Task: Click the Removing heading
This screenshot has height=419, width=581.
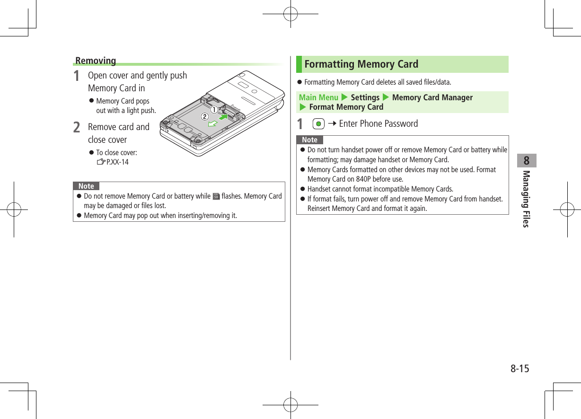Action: [96, 61]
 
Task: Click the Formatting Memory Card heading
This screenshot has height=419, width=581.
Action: [361, 64]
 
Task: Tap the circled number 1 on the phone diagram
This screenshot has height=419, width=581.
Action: [214, 109]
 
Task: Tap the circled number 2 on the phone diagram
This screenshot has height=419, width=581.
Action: [204, 116]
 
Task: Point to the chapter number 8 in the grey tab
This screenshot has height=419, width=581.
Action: [527, 161]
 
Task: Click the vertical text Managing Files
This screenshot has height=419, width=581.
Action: [526, 199]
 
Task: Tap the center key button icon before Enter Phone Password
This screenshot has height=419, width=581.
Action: [319, 124]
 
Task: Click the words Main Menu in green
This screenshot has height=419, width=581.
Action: [318, 97]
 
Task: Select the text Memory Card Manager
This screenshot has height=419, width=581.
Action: [432, 97]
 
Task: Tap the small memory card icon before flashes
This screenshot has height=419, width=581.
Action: [216, 196]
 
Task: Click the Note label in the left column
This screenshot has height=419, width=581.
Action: [86, 186]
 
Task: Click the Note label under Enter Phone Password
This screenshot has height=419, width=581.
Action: [310, 140]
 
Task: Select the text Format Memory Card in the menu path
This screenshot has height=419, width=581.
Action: [346, 107]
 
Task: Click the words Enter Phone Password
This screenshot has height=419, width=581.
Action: [379, 124]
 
